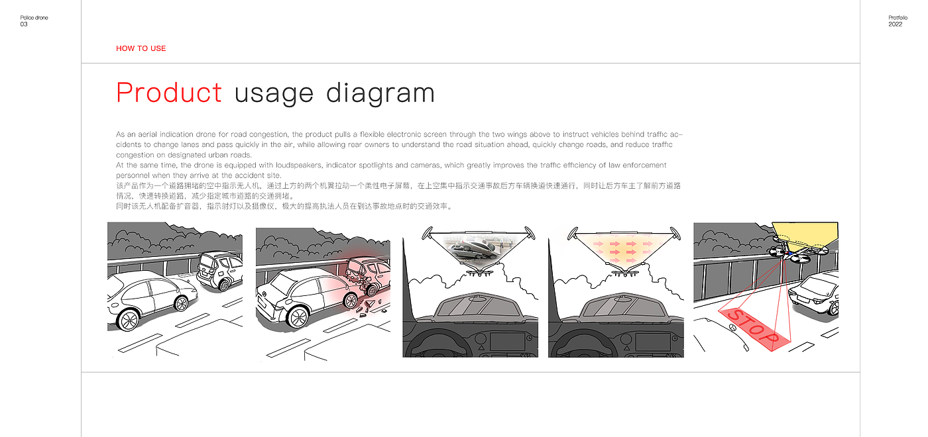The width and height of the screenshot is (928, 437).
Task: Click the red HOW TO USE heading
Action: pyautogui.click(x=141, y=48)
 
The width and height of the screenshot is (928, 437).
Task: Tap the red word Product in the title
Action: pyautogui.click(x=169, y=92)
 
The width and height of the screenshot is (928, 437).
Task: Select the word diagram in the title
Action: pyautogui.click(x=380, y=93)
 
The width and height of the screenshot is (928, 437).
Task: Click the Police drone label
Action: pyautogui.click(x=34, y=18)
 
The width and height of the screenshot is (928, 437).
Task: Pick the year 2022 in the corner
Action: pyautogui.click(x=895, y=24)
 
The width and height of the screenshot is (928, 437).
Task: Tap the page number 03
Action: pyautogui.click(x=24, y=24)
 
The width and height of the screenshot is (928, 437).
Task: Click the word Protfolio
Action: pyautogui.click(x=898, y=18)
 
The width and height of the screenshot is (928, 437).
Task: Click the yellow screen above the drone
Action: pyautogui.click(x=806, y=234)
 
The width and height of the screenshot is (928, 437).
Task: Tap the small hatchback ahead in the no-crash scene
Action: pyautogui.click(x=219, y=270)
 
